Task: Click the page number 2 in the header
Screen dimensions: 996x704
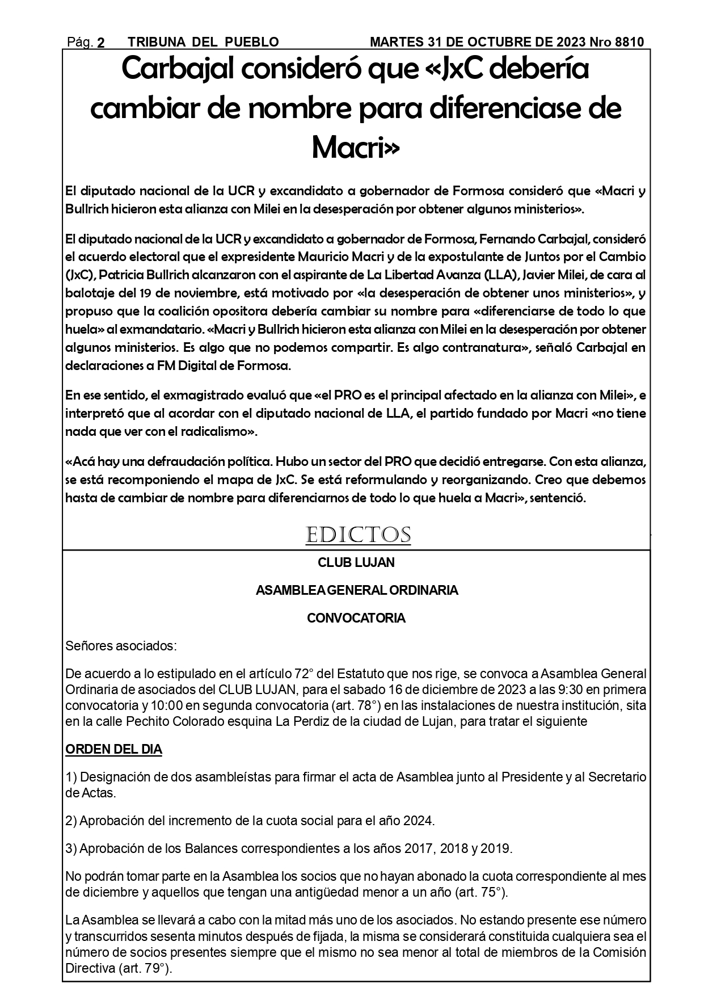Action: point(101,43)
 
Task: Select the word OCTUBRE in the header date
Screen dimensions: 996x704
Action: point(487,43)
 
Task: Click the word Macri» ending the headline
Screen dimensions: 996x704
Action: point(356,149)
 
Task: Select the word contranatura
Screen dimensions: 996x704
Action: point(489,348)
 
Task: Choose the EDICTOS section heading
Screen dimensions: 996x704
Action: point(358,535)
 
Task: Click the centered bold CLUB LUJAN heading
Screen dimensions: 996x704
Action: point(356,563)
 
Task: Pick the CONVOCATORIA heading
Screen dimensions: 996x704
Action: point(356,619)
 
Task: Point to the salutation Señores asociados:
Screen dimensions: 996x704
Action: point(121,646)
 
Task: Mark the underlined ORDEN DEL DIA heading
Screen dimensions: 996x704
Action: point(114,750)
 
